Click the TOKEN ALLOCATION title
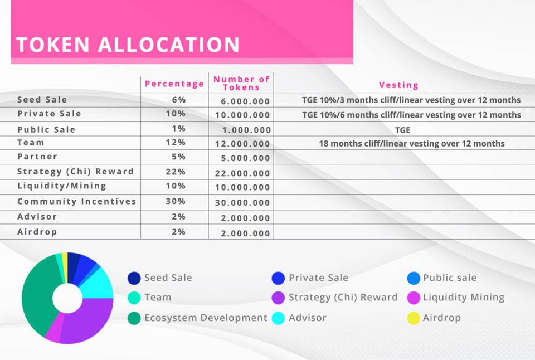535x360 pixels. pyautogui.click(x=128, y=45)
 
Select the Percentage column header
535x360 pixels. pyautogui.click(x=174, y=84)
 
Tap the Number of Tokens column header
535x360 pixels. pyautogui.click(x=241, y=83)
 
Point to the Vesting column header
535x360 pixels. pyautogui.click(x=398, y=85)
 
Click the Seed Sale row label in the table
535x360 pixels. pyautogui.click(x=42, y=100)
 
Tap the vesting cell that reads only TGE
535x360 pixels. pyautogui.click(x=403, y=129)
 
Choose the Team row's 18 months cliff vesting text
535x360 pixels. pyautogui.click(x=412, y=144)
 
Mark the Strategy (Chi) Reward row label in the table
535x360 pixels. pyautogui.click(x=75, y=172)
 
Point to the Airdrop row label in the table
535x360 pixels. pyautogui.click(x=37, y=232)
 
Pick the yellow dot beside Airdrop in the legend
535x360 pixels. pyautogui.click(x=414, y=318)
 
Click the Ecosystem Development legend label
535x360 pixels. pyautogui.click(x=206, y=318)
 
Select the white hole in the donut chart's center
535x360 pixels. pyautogui.click(x=67, y=298)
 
